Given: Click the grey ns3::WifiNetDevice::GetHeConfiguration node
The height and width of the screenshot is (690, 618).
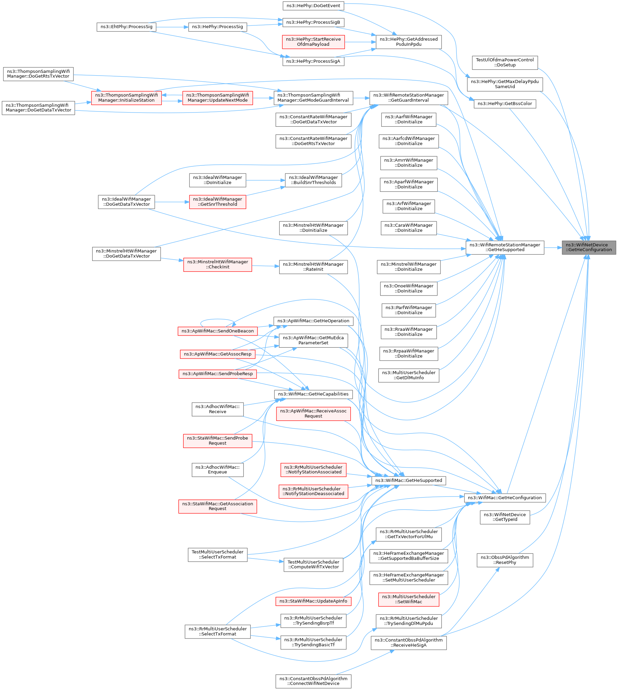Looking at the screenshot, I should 589,247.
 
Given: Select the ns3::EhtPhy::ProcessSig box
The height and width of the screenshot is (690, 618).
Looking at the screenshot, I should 126,27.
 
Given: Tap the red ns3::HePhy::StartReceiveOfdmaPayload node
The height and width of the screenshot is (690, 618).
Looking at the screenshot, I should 313,42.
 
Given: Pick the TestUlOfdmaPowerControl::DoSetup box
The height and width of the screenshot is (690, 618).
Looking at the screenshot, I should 504,62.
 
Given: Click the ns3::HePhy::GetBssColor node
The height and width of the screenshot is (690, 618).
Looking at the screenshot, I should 504,104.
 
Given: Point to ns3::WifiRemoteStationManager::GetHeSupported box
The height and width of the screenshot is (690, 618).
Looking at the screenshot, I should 504,247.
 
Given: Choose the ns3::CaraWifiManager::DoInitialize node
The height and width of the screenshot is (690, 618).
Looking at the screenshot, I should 409,228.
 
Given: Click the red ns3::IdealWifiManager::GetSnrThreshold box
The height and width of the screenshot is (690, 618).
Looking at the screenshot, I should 217,202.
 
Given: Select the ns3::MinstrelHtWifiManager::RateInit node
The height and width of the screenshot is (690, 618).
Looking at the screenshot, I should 313,267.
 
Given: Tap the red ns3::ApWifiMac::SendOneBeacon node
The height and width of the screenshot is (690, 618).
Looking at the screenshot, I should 217,331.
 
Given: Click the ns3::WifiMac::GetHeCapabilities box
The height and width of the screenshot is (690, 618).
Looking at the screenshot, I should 313,394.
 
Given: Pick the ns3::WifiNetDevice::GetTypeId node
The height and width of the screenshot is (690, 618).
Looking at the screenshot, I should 504,517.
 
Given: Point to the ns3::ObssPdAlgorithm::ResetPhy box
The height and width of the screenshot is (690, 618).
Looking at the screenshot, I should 504,560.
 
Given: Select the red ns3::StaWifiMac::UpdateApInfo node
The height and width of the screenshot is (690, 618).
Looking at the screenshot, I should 313,601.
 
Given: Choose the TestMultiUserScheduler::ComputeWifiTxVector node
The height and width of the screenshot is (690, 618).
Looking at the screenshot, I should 313,564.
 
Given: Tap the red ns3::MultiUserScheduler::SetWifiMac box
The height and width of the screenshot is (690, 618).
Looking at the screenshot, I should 409,599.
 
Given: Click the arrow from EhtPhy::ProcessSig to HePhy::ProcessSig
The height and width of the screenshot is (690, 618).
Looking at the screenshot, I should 172,27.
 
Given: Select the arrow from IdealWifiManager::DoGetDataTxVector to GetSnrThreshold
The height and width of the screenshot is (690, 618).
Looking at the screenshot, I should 172,202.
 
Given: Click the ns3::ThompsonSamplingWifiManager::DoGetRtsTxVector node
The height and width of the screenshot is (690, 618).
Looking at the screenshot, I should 38,74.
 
